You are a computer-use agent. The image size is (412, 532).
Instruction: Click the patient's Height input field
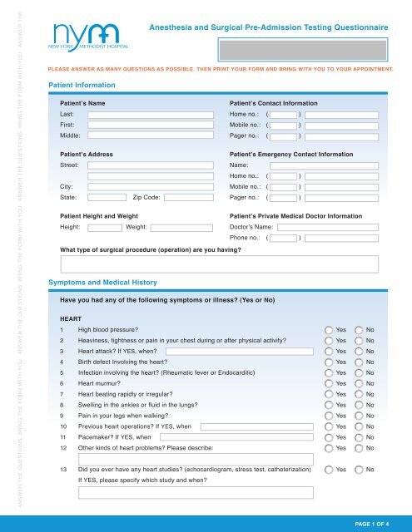click(x=104, y=227)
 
